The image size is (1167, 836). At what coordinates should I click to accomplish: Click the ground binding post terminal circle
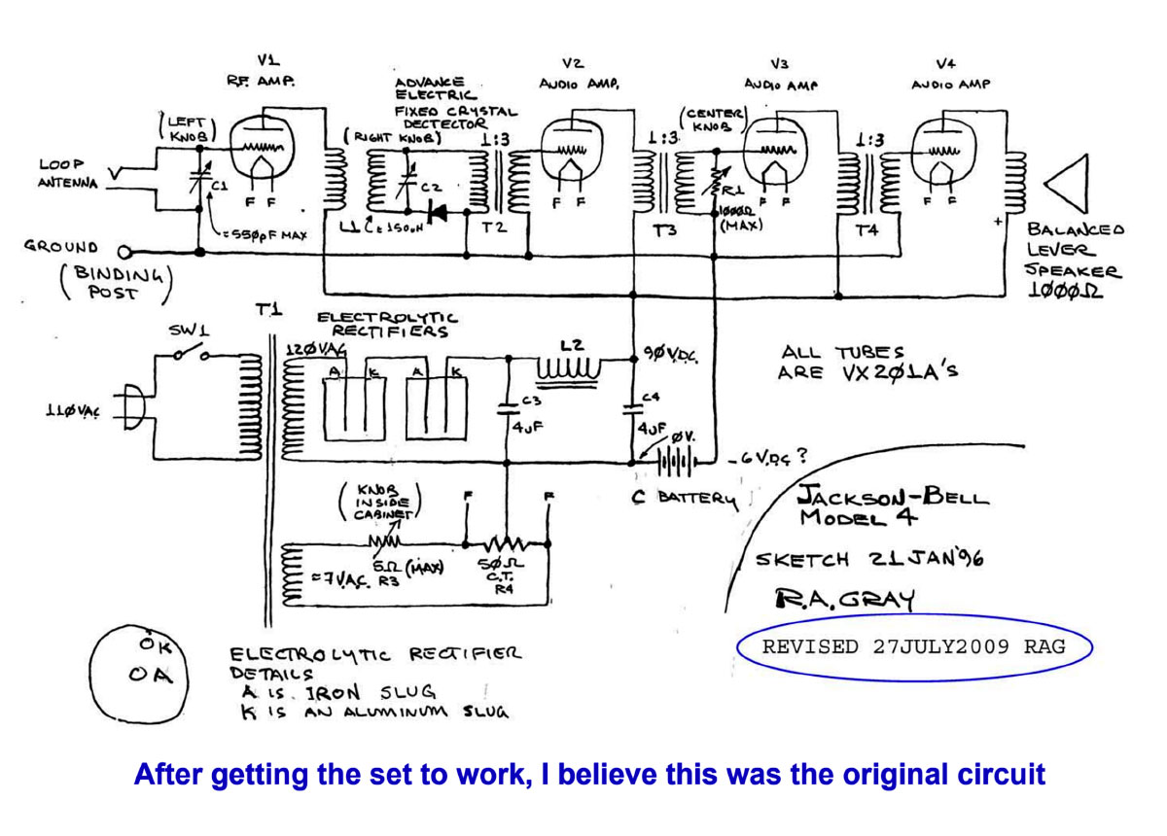pyautogui.click(x=124, y=251)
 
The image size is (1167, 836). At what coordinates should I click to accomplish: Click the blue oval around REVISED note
pyautogui.click(x=913, y=646)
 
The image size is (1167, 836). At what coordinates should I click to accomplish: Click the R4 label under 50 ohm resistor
pyautogui.click(x=502, y=589)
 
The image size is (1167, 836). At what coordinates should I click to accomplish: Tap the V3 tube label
pyautogui.click(x=777, y=65)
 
